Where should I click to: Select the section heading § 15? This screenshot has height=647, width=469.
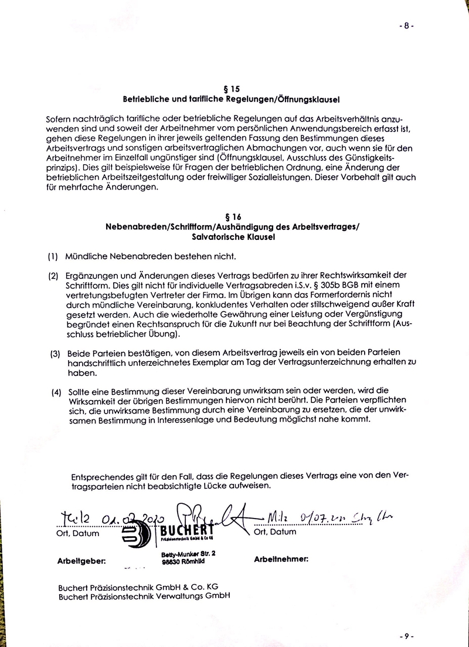tap(233, 89)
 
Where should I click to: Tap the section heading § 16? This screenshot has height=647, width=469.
tap(233, 216)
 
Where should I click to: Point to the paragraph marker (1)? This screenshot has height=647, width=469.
tap(53, 257)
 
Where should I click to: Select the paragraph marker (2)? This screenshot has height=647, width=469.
tap(53, 275)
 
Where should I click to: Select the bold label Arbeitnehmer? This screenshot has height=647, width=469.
tap(281, 560)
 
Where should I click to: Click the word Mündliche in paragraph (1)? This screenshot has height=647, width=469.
tap(87, 257)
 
